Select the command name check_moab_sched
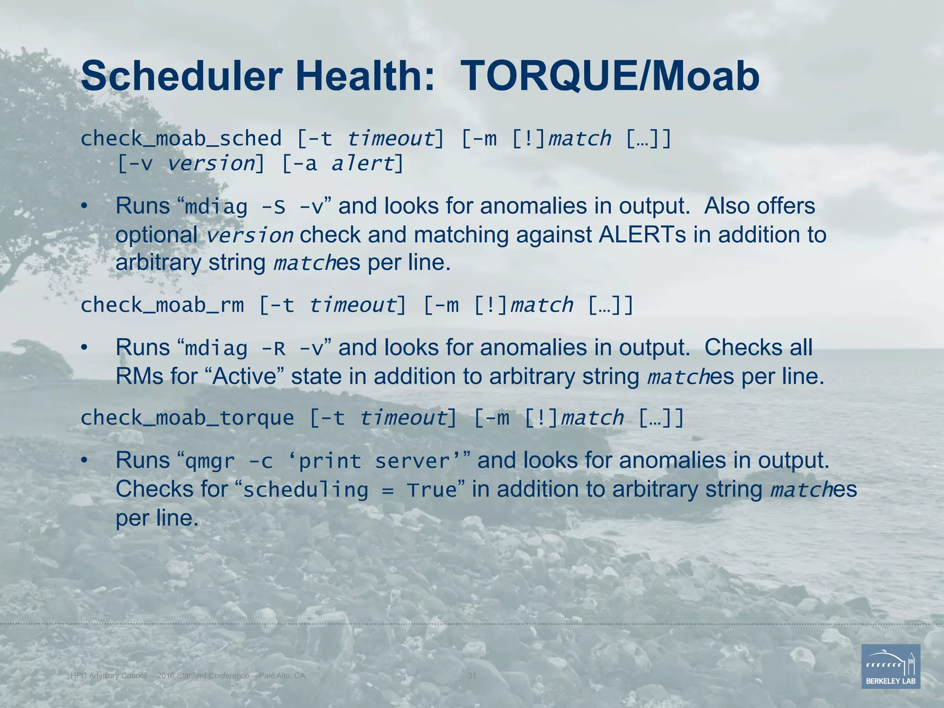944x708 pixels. click(181, 139)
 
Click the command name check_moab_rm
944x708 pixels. click(162, 305)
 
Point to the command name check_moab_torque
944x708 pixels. click(187, 418)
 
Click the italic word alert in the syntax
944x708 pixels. click(363, 164)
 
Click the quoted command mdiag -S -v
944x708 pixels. click(254, 206)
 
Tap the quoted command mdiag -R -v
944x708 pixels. click(254, 348)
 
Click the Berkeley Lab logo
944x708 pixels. click(891, 667)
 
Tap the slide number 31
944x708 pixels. click(472, 676)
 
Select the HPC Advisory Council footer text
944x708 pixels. click(188, 676)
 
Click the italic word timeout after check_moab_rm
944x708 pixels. click(353, 305)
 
